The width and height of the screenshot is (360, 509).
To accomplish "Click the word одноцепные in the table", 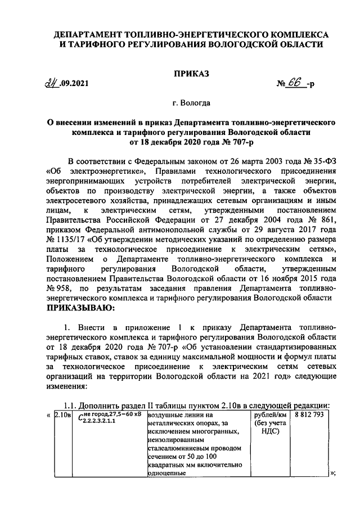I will coord(166,473).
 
